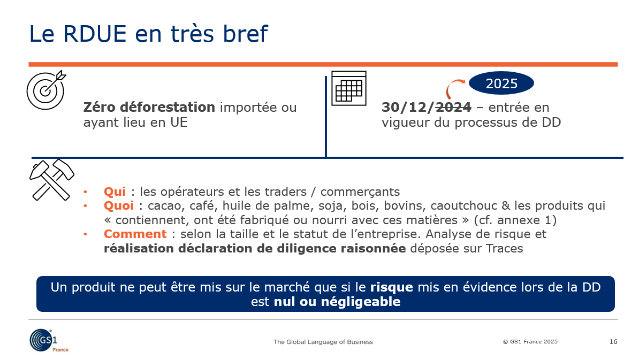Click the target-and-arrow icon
click(x=45, y=90)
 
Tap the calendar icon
click(x=349, y=88)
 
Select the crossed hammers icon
click(x=52, y=180)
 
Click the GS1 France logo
click(x=49, y=340)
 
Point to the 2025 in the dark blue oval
click(x=501, y=83)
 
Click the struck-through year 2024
click(x=453, y=107)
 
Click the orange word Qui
click(x=115, y=192)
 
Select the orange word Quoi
click(x=119, y=205)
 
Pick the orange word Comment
click(x=135, y=234)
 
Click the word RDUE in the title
click(x=95, y=34)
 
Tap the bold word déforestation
click(x=167, y=107)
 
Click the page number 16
click(x=613, y=342)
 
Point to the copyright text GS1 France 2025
click(x=530, y=342)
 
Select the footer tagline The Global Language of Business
click(x=323, y=342)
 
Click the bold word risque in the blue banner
click(x=391, y=287)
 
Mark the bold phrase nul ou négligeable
click(x=337, y=302)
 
